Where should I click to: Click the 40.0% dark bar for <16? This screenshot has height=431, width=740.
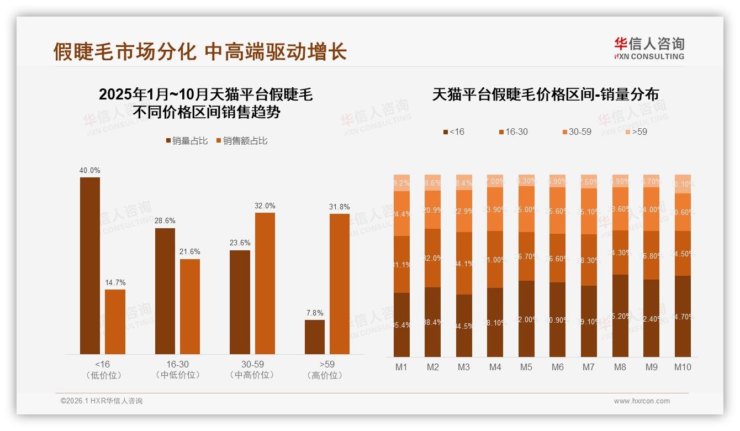coord(90,265)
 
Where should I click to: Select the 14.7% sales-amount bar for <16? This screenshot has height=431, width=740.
coord(115,322)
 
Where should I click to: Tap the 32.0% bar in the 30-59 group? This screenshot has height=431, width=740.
coord(265,283)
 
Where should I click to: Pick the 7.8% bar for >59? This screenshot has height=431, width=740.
coord(315,337)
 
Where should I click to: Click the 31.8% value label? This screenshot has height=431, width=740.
coord(340,207)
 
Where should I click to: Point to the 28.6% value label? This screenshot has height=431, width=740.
coord(165,221)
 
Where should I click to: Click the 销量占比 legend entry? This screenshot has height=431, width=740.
coord(187,141)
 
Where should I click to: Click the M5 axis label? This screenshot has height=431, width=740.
coord(526,367)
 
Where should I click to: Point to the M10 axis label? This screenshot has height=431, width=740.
coord(683,367)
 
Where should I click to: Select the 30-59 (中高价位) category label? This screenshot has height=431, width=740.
coord(252,370)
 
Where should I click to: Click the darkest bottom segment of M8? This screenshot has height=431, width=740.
coord(620,316)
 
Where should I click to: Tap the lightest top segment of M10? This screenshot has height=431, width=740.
coord(683,184)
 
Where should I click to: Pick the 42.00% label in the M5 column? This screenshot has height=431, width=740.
coord(526,319)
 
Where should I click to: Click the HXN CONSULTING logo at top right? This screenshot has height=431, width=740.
coord(649,49)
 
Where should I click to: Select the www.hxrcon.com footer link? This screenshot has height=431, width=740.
coord(642,401)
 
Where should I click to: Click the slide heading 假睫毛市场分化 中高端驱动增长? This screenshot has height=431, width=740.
coord(200,52)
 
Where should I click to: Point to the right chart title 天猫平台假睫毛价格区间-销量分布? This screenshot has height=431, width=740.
coord(545,94)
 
